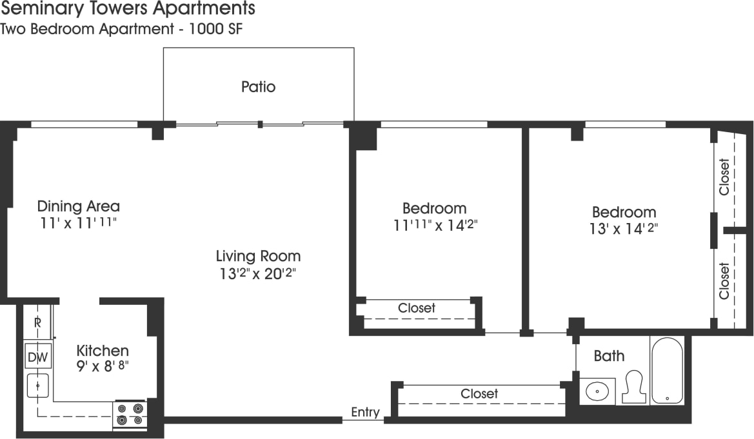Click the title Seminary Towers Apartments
[x=128, y=9]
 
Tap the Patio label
[x=258, y=86]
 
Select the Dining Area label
[x=78, y=206]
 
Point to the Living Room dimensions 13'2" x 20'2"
[x=258, y=273]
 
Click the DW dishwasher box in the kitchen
[x=38, y=356]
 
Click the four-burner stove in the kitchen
[x=130, y=414]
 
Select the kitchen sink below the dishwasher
[x=38, y=385]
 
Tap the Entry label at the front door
[x=365, y=413]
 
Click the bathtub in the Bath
[x=666, y=371]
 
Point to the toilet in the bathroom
[x=633, y=387]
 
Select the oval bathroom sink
[x=597, y=391]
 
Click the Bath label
[x=609, y=356]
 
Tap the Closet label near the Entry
[x=479, y=393]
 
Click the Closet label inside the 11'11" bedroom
[x=417, y=308]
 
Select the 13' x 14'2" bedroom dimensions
[x=624, y=228]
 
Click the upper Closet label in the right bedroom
[x=724, y=177]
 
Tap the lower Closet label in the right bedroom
[x=724, y=280]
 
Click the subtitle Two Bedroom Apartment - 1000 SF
[x=121, y=29]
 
